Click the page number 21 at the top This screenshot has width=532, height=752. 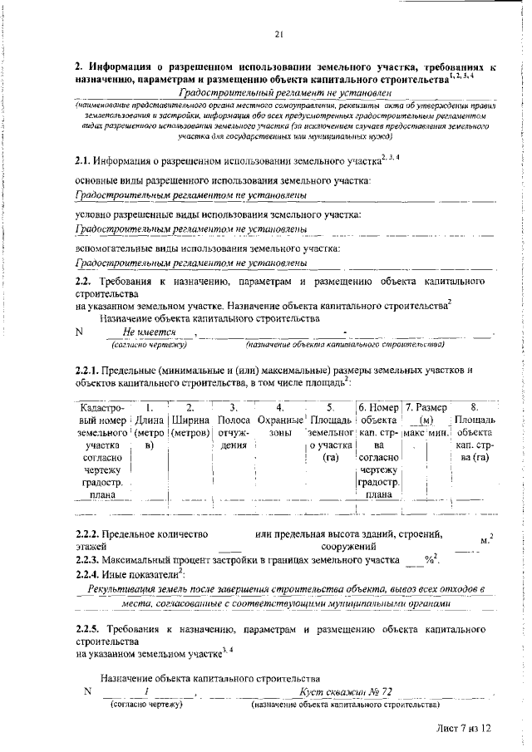[279, 34]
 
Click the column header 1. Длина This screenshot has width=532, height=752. [150, 407]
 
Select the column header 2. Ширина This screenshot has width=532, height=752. [190, 407]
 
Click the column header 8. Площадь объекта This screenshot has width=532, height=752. [473, 407]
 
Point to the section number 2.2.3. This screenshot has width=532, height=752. [88, 560]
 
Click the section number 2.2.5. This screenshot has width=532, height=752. [88, 630]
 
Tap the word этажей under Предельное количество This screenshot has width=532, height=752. [91, 546]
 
